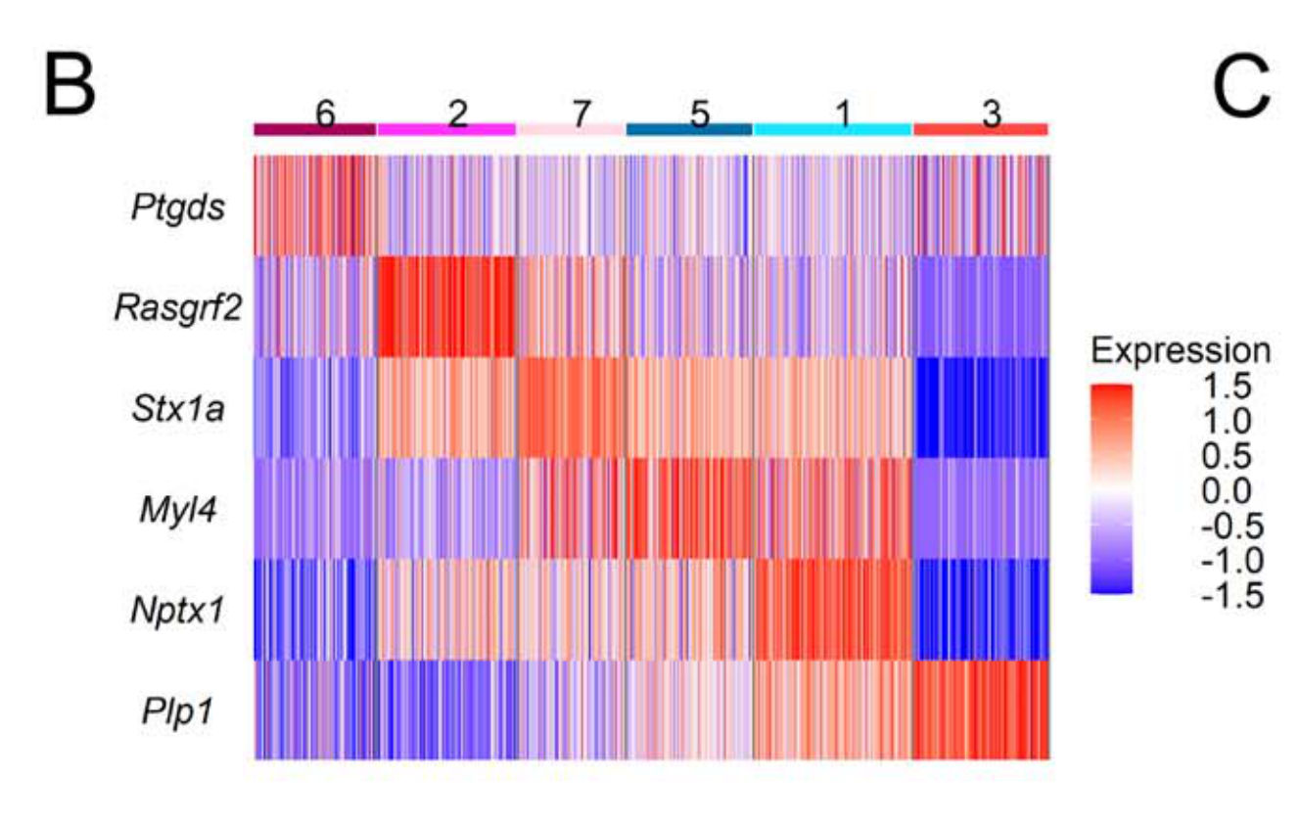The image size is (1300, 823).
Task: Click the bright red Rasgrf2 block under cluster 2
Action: pos(446,307)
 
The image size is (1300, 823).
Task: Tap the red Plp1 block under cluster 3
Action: pos(980,709)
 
